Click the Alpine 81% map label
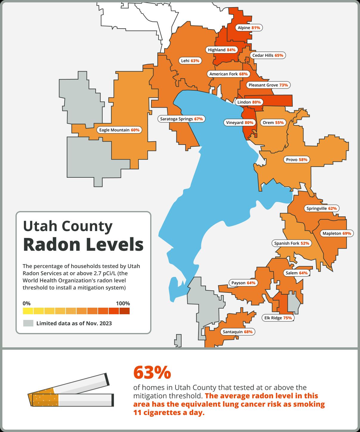pyautogui.click(x=249, y=28)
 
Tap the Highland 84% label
pyautogui.click(x=222, y=50)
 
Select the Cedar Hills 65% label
pyautogui.click(x=268, y=55)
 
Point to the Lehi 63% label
pyautogui.click(x=190, y=61)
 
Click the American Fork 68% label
pyautogui.click(x=228, y=74)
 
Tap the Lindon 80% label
pyautogui.click(x=249, y=102)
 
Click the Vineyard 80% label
pyautogui.click(x=240, y=123)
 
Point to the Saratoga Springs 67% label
pyautogui.click(x=181, y=119)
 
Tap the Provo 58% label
pyautogui.click(x=297, y=160)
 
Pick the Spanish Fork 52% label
pyautogui.click(x=292, y=243)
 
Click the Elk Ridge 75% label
pyautogui.click(x=278, y=318)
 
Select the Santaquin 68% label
pyautogui.click(x=238, y=332)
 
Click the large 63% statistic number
pyautogui.click(x=152, y=372)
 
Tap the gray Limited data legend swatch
pyautogui.click(x=28, y=323)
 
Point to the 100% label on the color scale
pyautogui.click(x=123, y=304)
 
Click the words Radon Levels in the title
pyautogui.click(x=83, y=244)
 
